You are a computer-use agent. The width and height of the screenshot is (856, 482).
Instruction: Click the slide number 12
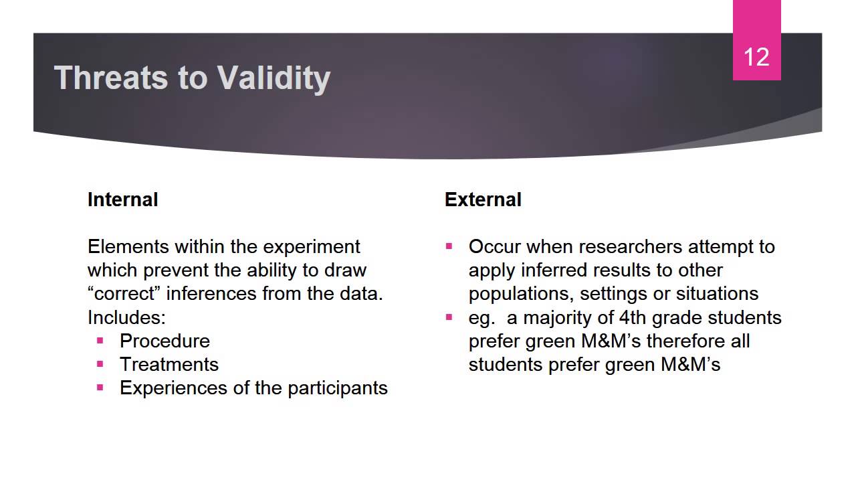click(x=756, y=57)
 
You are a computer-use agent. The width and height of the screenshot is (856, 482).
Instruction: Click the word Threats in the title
click(x=111, y=78)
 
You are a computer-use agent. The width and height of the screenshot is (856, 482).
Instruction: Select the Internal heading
click(x=122, y=199)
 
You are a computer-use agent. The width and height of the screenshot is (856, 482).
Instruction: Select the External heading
click(x=483, y=199)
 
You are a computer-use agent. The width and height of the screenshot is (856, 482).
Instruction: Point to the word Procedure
click(x=165, y=341)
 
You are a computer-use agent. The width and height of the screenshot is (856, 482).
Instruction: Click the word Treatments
click(x=169, y=364)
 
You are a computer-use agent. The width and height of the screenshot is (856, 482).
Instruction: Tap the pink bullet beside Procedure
click(x=100, y=340)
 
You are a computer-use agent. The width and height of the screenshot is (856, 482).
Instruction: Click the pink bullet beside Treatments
click(x=100, y=364)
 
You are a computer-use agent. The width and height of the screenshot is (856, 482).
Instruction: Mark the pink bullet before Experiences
click(x=100, y=387)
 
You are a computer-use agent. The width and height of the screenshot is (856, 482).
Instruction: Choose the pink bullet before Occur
click(x=449, y=246)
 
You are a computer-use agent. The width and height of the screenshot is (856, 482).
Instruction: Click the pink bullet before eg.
click(x=449, y=317)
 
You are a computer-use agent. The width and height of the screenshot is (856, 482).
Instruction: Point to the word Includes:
click(x=126, y=317)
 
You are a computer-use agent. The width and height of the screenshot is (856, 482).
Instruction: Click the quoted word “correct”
click(x=125, y=293)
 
